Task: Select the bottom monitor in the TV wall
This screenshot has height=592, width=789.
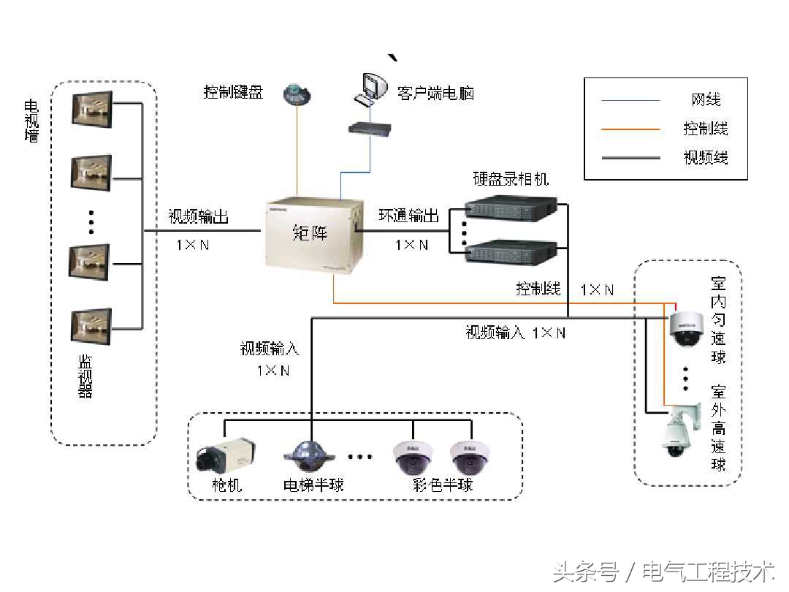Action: coord(91,326)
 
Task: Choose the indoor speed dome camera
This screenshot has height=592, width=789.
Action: coord(686,328)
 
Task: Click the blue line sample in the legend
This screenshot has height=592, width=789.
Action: coord(630,100)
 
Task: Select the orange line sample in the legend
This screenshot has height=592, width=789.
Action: coord(630,129)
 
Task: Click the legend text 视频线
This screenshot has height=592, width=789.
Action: coord(705,157)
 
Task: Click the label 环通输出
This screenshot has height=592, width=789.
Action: coord(408,216)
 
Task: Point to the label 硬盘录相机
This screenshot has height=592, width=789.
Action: coord(511,179)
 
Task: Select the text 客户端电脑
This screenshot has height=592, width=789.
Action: coord(435,93)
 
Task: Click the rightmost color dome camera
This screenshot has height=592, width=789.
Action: coord(469,457)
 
